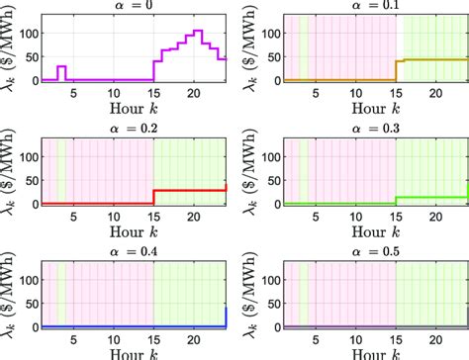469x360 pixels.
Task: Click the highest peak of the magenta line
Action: pyautogui.click(x=198, y=32)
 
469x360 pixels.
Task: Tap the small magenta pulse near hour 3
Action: pyautogui.click(x=61, y=67)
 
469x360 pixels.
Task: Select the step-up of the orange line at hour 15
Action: pyautogui.click(x=396, y=69)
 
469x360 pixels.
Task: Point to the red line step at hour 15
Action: pyautogui.click(x=153, y=196)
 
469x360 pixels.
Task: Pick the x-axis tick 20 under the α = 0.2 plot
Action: pyautogui.click(x=198, y=216)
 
